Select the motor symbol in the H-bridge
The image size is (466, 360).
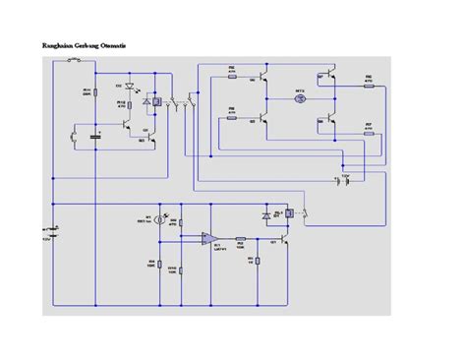[302, 99]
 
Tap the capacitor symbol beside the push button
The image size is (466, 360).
[95, 136]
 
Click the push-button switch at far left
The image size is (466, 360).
[74, 137]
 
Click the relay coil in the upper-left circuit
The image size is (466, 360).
[157, 101]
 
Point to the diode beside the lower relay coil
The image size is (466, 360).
[266, 214]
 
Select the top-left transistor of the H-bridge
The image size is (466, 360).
[264, 79]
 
